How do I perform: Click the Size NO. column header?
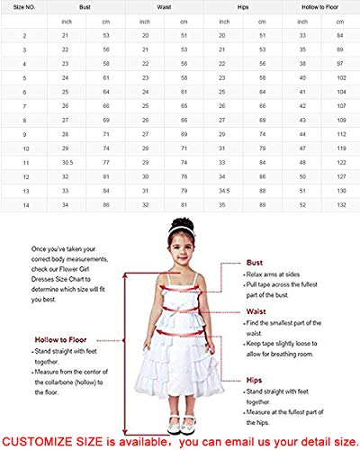click(x=23, y=6)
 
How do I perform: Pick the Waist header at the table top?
click(x=164, y=6)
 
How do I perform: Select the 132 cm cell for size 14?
click(x=340, y=205)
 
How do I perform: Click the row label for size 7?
click(x=23, y=105)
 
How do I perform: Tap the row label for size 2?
click(x=23, y=34)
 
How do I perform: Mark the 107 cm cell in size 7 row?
click(x=340, y=105)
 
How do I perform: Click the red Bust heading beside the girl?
click(x=255, y=238)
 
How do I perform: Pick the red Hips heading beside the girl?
click(x=255, y=381)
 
